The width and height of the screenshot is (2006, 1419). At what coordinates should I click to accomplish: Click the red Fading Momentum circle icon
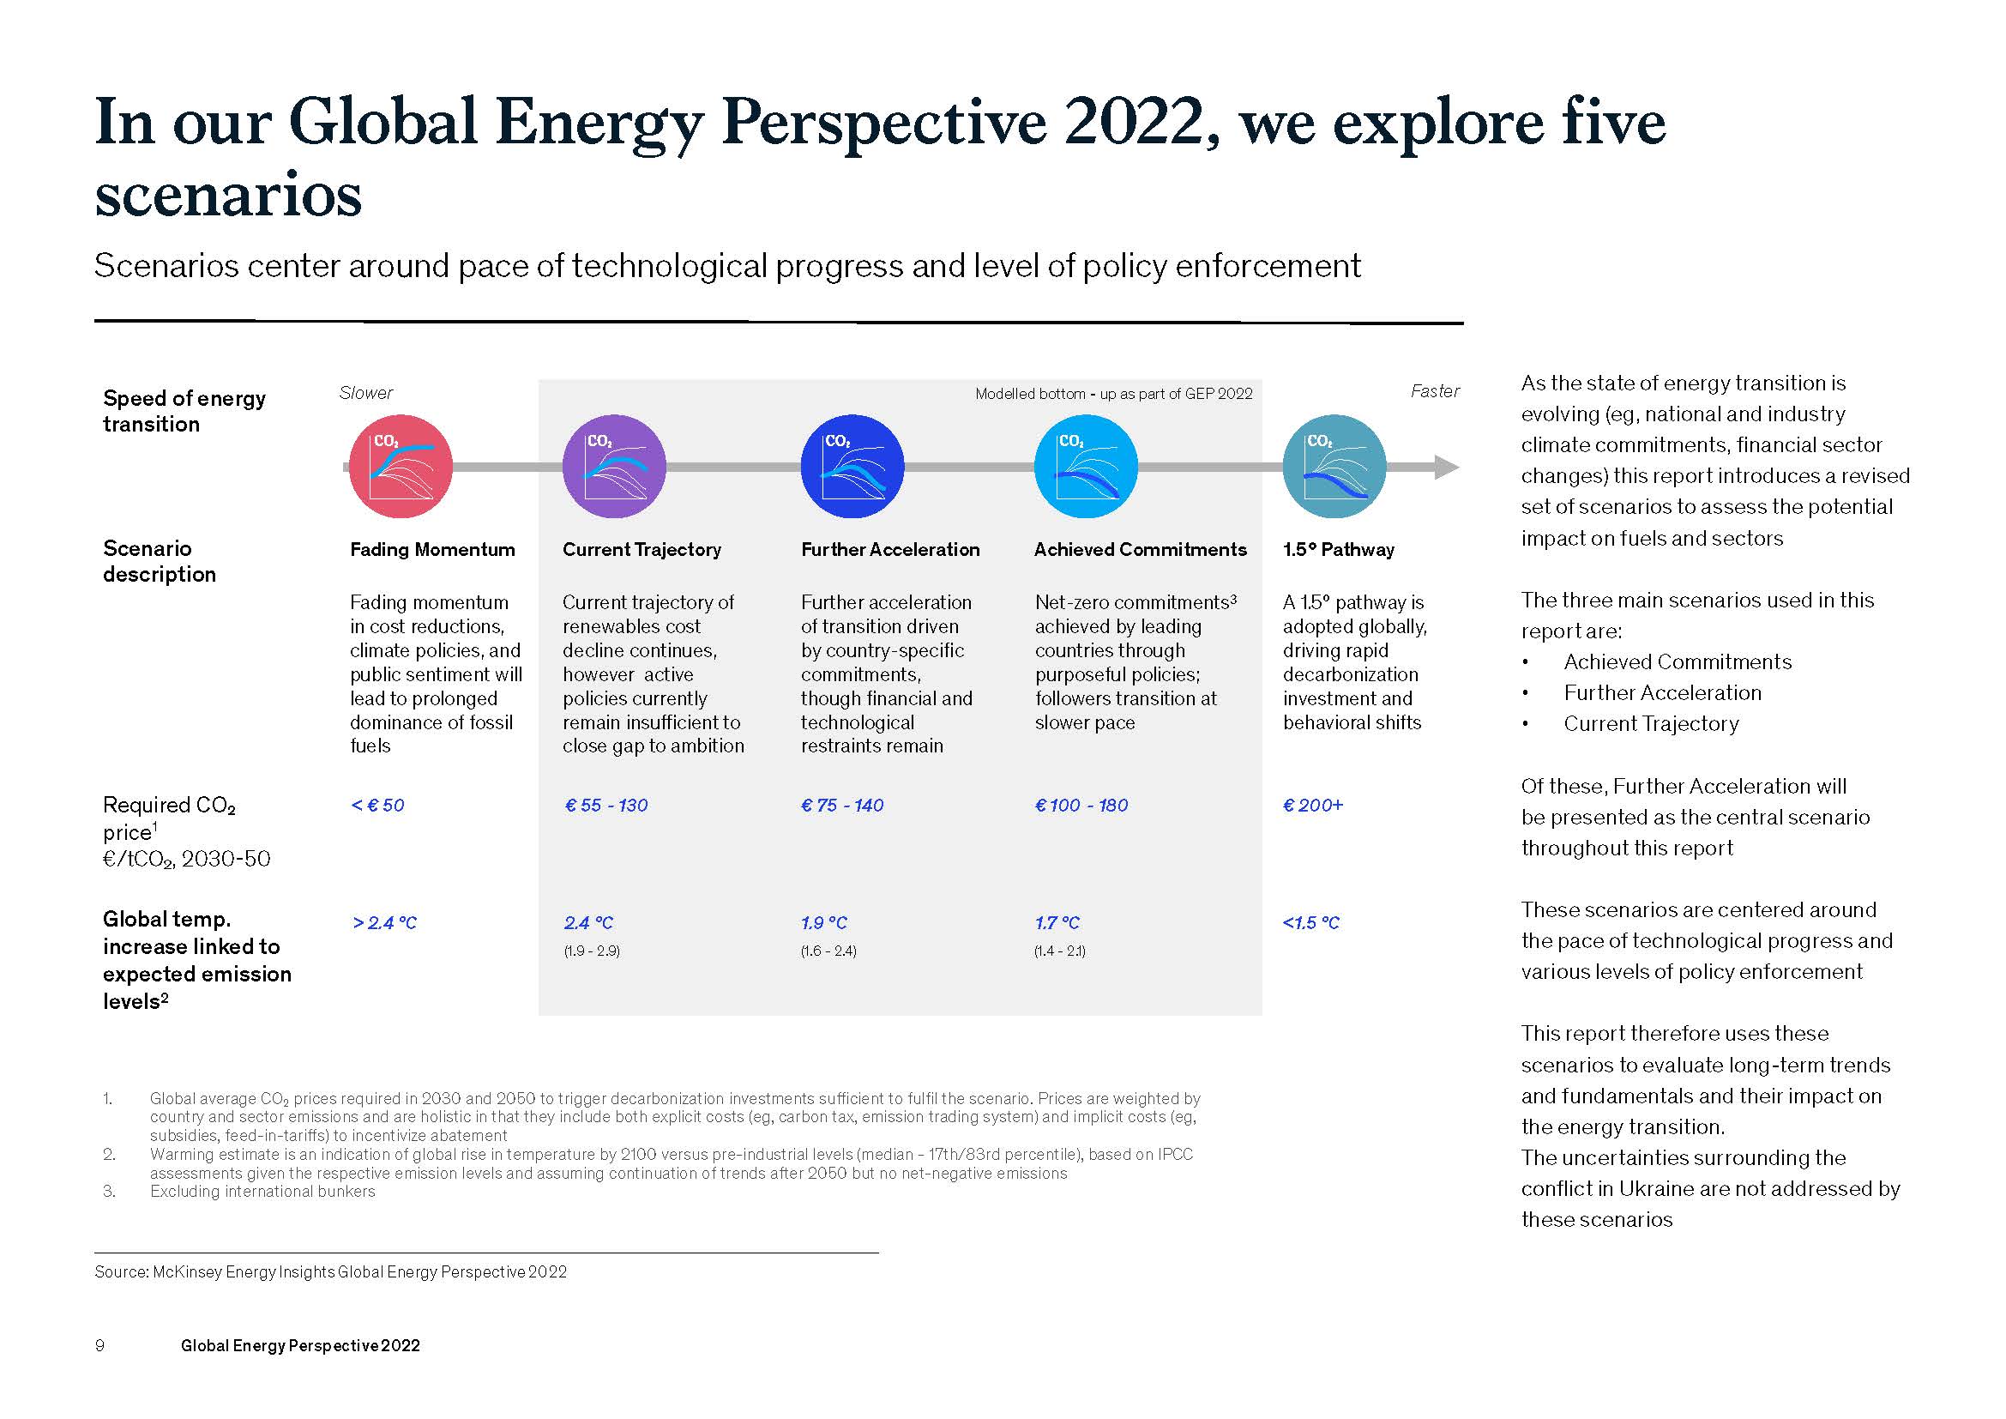[401, 467]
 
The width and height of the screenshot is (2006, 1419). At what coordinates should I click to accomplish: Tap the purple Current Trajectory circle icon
[614, 467]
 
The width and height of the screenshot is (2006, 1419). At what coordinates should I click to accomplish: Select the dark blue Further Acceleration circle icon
[852, 467]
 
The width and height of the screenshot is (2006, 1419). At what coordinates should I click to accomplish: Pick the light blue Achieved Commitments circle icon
[1086, 467]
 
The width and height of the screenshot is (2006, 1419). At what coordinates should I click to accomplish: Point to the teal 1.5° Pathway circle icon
[1334, 467]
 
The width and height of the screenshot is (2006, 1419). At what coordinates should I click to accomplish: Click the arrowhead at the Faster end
[1446, 468]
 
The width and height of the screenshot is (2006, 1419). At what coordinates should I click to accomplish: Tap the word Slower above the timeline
[366, 393]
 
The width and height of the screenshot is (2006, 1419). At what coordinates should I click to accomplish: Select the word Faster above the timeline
[1435, 391]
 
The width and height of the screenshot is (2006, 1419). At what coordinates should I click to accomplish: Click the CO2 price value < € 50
[377, 805]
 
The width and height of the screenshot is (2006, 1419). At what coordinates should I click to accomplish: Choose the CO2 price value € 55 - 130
[606, 805]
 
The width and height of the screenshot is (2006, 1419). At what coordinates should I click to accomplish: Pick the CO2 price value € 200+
[1312, 805]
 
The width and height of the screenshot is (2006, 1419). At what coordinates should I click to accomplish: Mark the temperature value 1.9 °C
[824, 923]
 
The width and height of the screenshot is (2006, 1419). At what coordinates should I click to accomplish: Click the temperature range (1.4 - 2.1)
[1059, 951]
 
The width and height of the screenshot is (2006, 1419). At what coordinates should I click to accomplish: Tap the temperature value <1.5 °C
[1310, 923]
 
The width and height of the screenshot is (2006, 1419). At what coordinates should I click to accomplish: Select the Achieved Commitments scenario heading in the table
[1140, 550]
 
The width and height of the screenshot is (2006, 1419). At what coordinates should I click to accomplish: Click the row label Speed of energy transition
[184, 411]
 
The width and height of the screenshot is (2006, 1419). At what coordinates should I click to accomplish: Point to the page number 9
[99, 1345]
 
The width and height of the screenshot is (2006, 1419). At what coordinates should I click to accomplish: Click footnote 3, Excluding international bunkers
[262, 1192]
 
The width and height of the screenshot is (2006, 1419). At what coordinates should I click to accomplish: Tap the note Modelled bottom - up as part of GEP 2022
[1113, 394]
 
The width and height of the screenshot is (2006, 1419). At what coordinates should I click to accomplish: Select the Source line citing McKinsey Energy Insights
[330, 1272]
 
